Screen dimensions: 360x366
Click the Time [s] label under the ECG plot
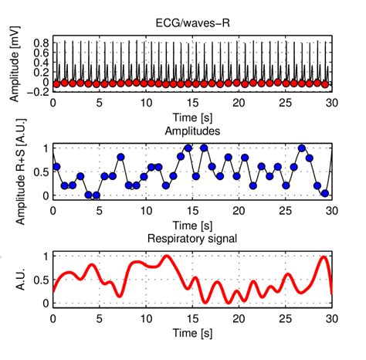click(191, 115)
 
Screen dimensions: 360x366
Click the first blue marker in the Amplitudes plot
click(56, 166)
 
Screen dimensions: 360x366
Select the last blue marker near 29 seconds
click(326, 194)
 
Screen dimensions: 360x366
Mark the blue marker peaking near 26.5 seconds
click(302, 147)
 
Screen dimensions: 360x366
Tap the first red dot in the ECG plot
click(56, 83)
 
